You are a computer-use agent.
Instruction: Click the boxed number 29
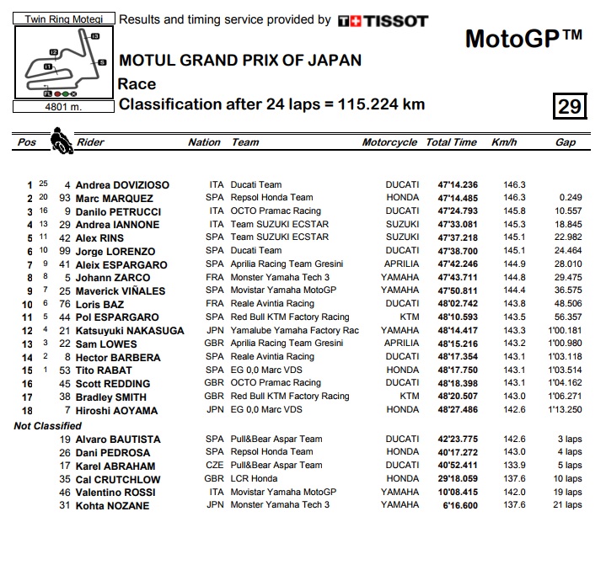pyautogui.click(x=569, y=106)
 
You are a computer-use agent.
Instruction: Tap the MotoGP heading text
pyautogui.click(x=523, y=39)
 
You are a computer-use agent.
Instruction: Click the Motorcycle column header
pyautogui.click(x=389, y=142)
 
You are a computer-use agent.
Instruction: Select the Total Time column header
pyautogui.click(x=451, y=142)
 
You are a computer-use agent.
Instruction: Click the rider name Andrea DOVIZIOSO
pyautogui.click(x=122, y=185)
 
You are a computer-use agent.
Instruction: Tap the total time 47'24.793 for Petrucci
pyautogui.click(x=458, y=211)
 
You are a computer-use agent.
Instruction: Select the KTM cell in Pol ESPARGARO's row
pyautogui.click(x=409, y=317)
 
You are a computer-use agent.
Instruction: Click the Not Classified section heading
pyautogui.click(x=47, y=426)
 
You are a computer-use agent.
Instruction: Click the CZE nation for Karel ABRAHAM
pyautogui.click(x=215, y=466)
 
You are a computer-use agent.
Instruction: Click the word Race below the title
pyautogui.click(x=137, y=83)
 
